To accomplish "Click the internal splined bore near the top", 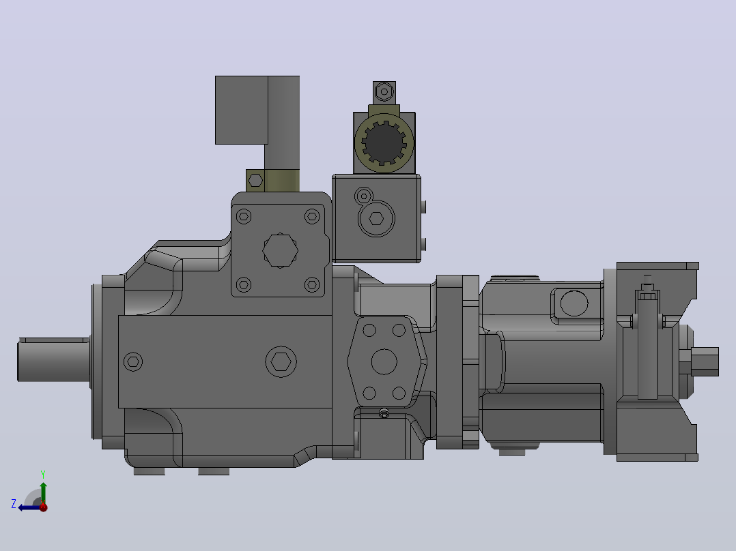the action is (384, 143).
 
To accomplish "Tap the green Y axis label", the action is (43, 474).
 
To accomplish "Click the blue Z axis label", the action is (14, 504).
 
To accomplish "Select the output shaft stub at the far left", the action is (53, 359).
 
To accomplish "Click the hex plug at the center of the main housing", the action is (281, 361).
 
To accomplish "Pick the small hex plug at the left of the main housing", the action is (133, 361).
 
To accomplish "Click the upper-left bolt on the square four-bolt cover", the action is (244, 217).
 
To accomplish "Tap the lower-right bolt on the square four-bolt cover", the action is (312, 284).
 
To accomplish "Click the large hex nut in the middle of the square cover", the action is (280, 250).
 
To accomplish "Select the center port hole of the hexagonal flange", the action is (384, 361).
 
